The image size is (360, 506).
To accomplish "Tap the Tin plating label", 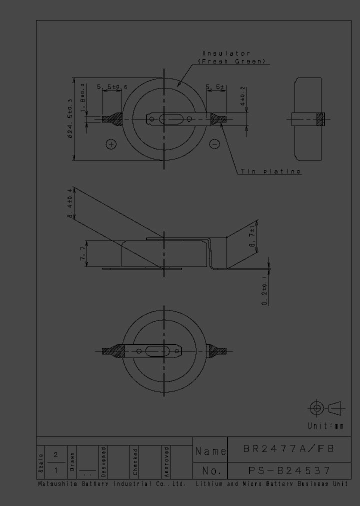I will pyautogui.click(x=270, y=171).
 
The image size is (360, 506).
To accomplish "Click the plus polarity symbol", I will pyautogui.click(x=111, y=144).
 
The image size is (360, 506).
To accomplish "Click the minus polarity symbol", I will pyautogui.click(x=214, y=144).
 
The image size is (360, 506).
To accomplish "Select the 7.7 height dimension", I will pyautogui.click(x=82, y=254).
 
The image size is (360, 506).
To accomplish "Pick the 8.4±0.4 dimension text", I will pyautogui.click(x=70, y=202).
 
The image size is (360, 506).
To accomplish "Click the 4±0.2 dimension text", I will pyautogui.click(x=243, y=97).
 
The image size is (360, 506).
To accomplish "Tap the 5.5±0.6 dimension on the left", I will pyautogui.click(x=112, y=87).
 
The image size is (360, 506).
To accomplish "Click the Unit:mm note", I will pyautogui.click(x=325, y=426).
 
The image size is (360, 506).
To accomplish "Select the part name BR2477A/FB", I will pyautogui.click(x=288, y=449).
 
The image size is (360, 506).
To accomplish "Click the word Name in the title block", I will pyautogui.click(x=210, y=451).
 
